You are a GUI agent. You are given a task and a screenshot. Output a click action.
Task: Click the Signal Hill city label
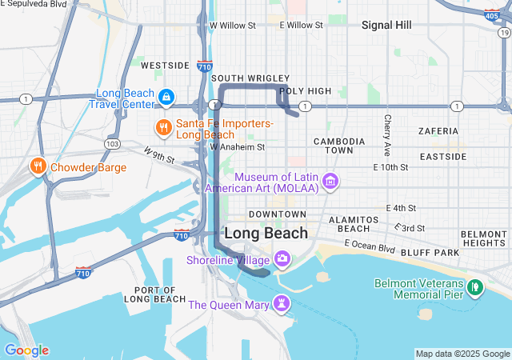(386, 25)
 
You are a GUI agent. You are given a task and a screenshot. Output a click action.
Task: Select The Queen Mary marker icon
(281, 304)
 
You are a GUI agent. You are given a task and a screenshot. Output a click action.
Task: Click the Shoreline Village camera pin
(282, 259)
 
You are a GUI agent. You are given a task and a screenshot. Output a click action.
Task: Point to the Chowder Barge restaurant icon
(37, 167)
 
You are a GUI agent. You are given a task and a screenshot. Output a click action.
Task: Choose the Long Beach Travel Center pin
(166, 98)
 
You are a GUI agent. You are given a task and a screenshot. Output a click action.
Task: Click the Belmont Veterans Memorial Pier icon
(474, 286)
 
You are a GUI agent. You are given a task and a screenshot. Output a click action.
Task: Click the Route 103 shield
(113, 144)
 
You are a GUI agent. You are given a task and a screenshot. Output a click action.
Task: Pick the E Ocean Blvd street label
(369, 246)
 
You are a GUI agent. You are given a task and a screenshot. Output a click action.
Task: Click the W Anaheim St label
(237, 146)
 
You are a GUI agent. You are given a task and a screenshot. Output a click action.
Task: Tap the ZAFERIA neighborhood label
(438, 130)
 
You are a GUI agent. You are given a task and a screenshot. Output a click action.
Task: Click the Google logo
(26, 350)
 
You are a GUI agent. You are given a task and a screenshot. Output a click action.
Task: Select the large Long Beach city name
(266, 233)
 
